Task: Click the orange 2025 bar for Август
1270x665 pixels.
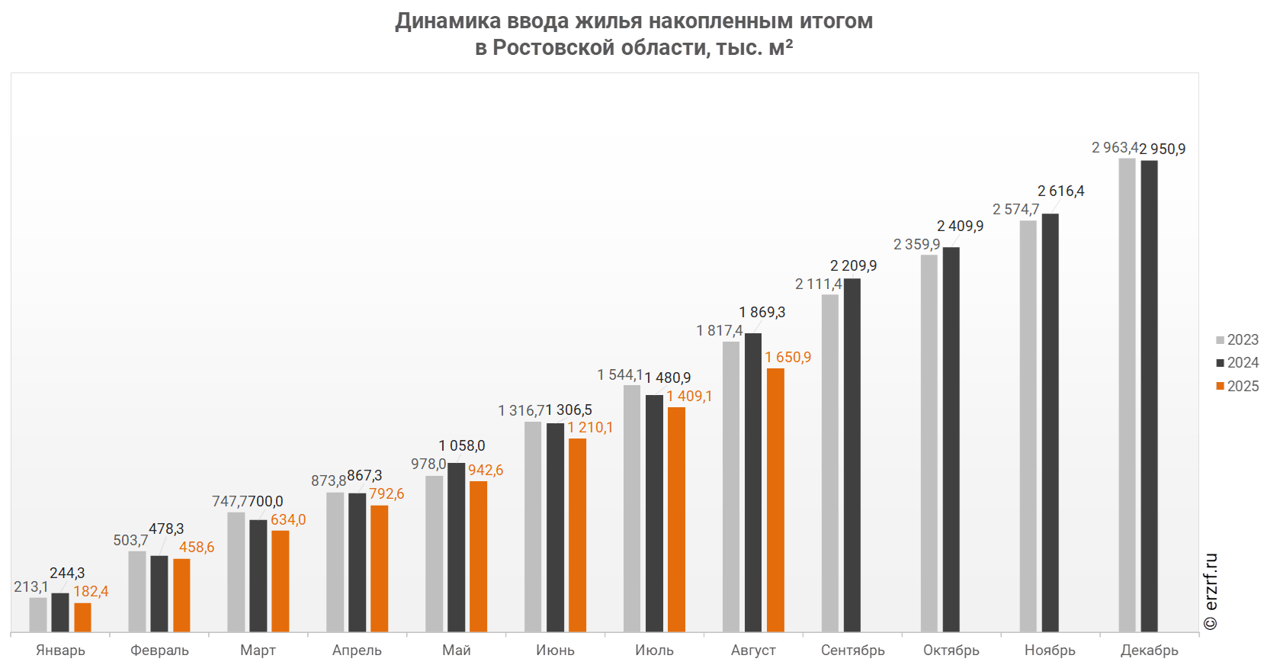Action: coord(775,500)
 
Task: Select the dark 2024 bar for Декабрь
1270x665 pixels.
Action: coord(1149,396)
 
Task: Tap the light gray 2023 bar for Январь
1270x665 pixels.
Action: coord(38,614)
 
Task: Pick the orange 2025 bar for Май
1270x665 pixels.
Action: coord(478,556)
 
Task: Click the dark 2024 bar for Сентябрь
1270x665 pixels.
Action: coord(852,455)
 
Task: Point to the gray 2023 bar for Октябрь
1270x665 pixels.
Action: coord(929,443)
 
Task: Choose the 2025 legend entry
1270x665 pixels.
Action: coord(1237,387)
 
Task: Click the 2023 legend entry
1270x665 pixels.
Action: coord(1237,340)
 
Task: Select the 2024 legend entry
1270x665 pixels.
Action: coord(1237,363)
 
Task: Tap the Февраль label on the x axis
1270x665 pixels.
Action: coord(159,651)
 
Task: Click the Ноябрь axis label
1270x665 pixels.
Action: coord(1050,651)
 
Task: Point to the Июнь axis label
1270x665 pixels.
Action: coord(556,651)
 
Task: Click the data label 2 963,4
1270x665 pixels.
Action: coord(1114,147)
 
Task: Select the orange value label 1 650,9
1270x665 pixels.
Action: coord(788,358)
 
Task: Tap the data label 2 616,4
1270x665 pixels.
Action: coord(1060,191)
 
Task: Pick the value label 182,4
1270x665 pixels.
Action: coord(91,592)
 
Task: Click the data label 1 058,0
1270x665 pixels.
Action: coord(461,446)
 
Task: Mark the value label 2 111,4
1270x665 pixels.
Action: coord(818,284)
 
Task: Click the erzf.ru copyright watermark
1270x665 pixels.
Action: coord(1211,592)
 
